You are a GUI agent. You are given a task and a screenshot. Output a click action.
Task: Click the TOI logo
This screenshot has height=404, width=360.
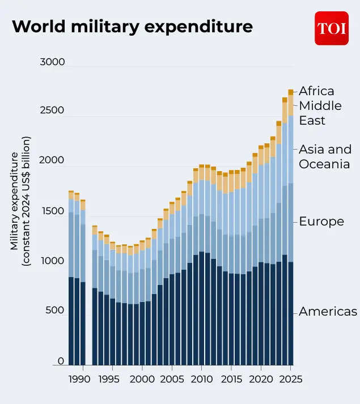[332, 28]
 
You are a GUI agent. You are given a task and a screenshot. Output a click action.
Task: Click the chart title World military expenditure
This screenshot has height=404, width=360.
[132, 27]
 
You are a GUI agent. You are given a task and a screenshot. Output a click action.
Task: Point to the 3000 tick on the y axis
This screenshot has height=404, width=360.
[52, 62]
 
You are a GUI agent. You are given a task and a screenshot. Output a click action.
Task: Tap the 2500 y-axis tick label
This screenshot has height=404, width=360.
[52, 110]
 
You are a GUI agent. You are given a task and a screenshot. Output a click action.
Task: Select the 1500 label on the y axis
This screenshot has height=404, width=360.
[52, 211]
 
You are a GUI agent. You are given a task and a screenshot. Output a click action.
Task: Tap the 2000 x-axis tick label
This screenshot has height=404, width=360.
[142, 379]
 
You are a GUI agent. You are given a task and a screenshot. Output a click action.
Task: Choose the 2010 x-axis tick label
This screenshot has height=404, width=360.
[202, 379]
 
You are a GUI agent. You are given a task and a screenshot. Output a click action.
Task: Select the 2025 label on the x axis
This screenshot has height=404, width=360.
[291, 379]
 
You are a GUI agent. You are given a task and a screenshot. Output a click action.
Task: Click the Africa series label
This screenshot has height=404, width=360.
[316, 91]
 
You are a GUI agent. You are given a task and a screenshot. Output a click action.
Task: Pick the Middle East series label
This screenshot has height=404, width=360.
[320, 113]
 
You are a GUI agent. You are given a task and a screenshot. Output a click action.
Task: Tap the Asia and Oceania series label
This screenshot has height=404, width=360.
[325, 157]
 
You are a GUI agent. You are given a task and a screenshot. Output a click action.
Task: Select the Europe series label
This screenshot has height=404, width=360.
[321, 221]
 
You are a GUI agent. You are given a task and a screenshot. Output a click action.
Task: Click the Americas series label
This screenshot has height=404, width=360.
[328, 312]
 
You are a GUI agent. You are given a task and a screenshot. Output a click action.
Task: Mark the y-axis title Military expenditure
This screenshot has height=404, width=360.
[21, 201]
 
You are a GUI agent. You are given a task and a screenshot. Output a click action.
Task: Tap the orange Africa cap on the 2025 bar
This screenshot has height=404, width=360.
[291, 92]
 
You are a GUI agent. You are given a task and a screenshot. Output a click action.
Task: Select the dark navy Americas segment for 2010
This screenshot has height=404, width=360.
[202, 309]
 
